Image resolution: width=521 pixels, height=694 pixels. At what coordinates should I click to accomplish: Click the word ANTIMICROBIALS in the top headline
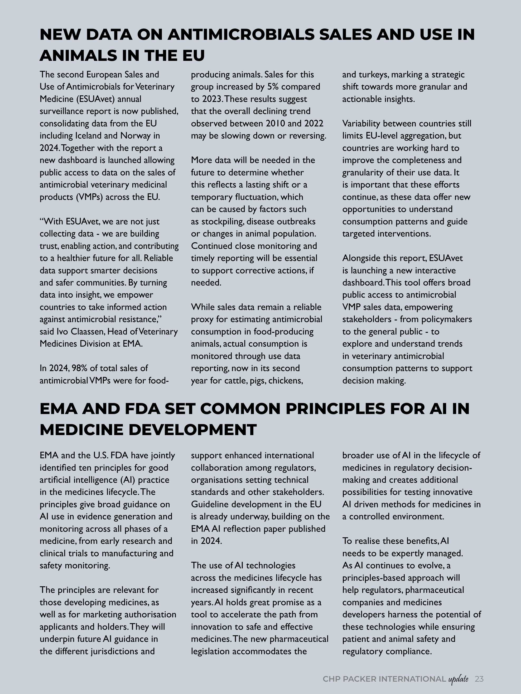pos(241,35)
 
